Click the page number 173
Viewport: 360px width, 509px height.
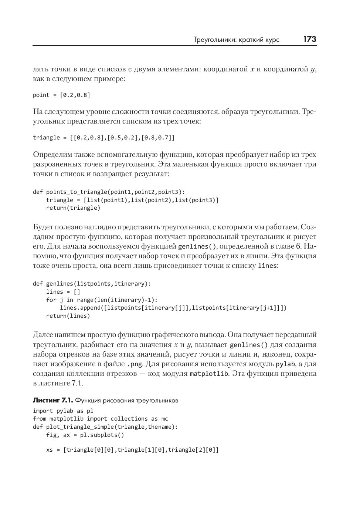[310, 39]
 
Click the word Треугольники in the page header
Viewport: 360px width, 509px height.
[213, 40]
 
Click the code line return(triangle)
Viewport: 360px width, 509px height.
[73, 208]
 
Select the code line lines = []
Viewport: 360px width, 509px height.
[63, 292]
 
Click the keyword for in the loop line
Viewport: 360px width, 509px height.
[51, 300]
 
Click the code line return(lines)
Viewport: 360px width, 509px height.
[68, 316]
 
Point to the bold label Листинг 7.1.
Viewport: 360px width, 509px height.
[53, 400]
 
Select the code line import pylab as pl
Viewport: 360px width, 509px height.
[63, 411]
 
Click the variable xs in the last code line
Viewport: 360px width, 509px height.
[50, 450]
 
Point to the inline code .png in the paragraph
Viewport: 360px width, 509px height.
[134, 364]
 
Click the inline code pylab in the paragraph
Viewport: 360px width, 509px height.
[285, 364]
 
